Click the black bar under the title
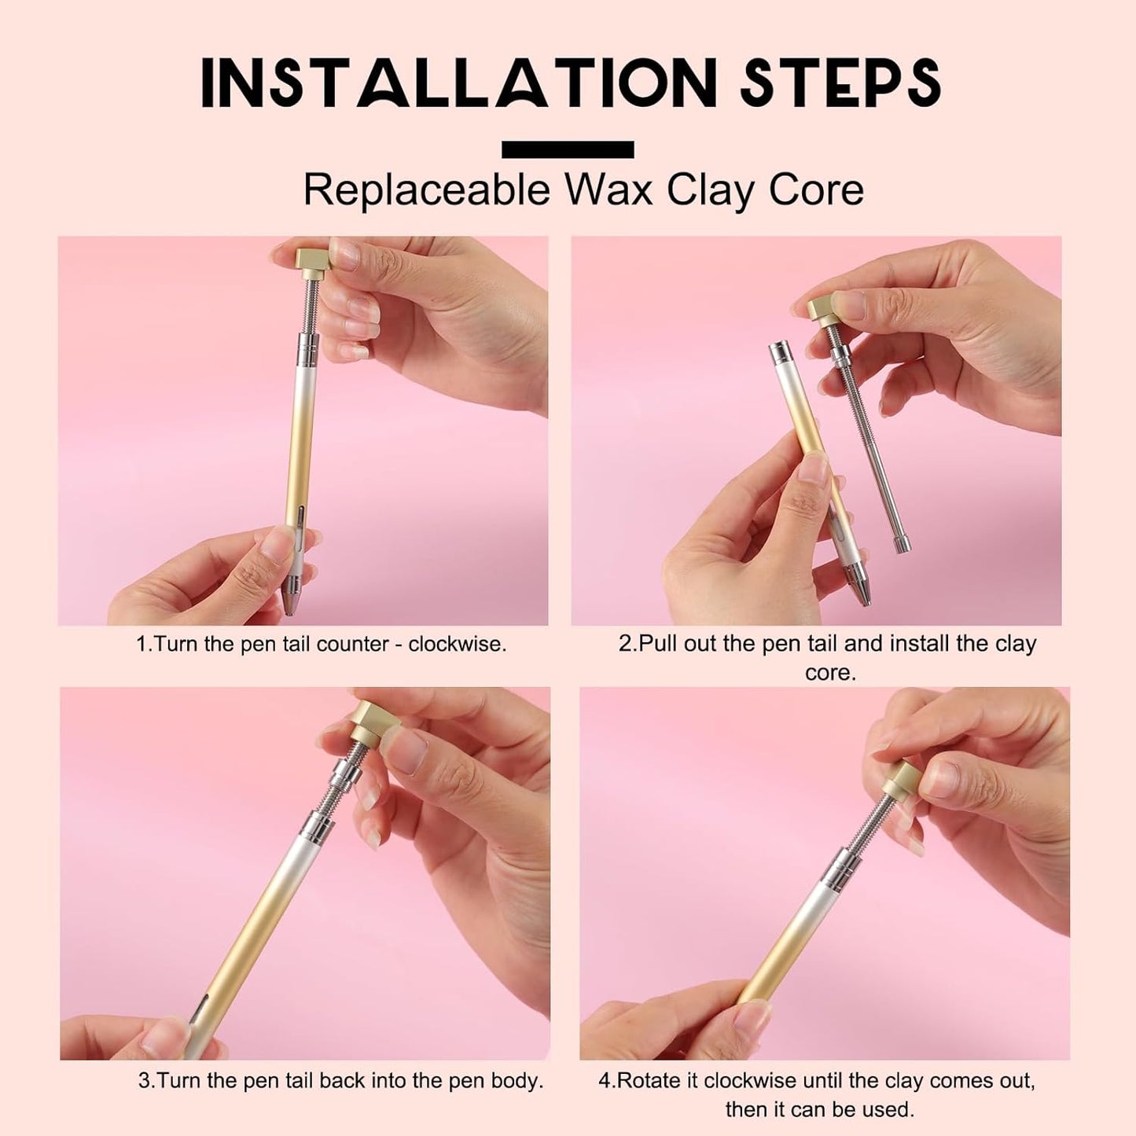click(x=568, y=149)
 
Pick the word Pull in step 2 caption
click(x=658, y=643)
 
